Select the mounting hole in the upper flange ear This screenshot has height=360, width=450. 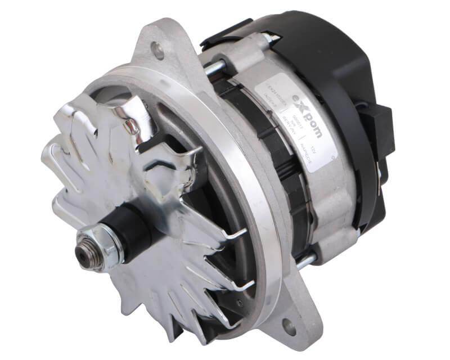click(159, 52)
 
